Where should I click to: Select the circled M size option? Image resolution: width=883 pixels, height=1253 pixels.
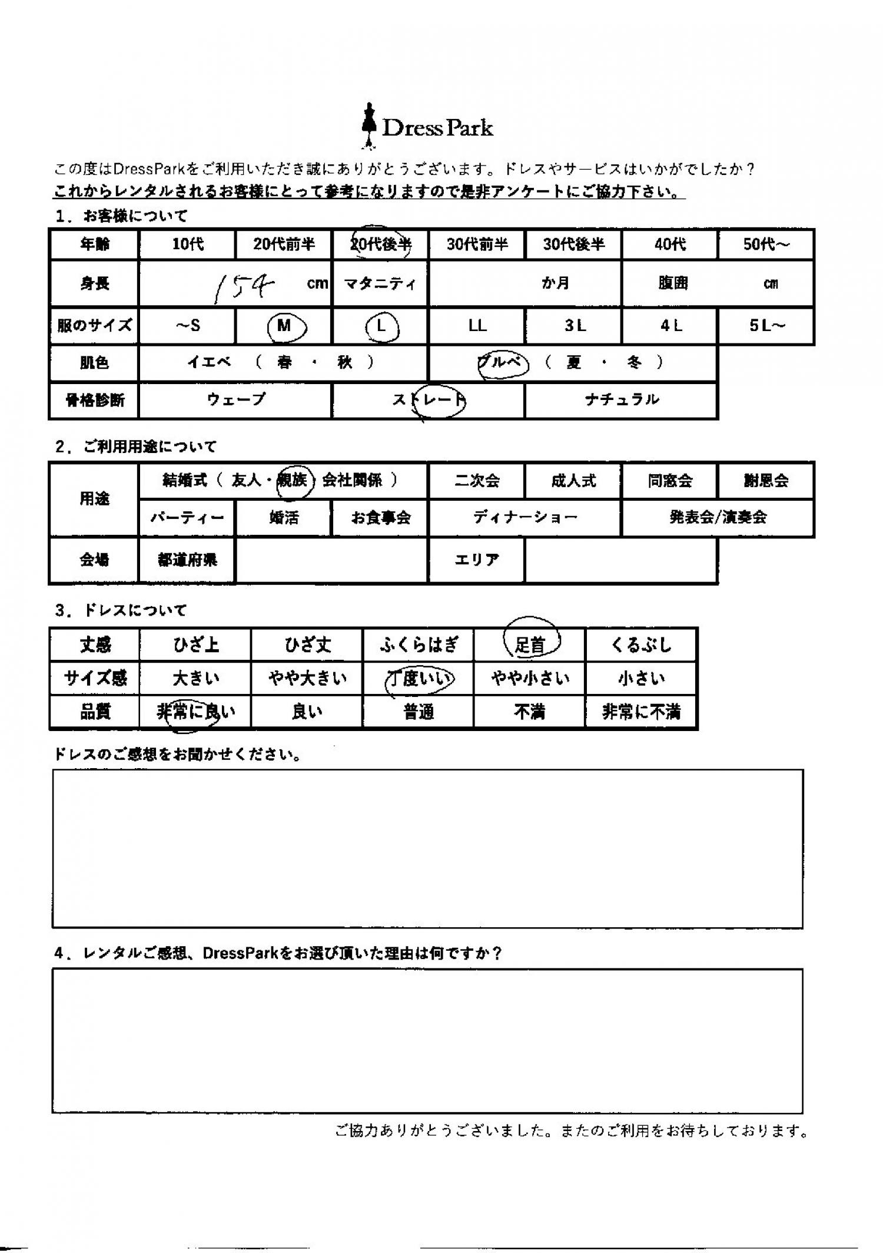coord(286,326)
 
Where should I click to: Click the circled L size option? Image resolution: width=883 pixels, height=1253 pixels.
coord(381,326)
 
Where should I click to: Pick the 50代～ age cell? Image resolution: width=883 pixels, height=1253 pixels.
coord(766,244)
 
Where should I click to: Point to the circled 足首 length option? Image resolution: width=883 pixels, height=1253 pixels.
coord(530,644)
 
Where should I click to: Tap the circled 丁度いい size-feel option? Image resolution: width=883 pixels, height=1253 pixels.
coord(419,679)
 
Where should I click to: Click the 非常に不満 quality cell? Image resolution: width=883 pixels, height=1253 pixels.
coord(641,712)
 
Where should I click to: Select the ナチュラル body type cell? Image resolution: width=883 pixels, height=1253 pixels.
coord(621,400)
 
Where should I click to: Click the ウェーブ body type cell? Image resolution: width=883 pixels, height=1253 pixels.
coord(236,400)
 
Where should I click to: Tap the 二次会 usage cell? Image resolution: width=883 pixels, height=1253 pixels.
coord(476,481)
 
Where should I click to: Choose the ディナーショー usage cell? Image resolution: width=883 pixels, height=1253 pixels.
coord(525,518)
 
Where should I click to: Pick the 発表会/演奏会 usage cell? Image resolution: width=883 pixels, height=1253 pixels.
coord(718,518)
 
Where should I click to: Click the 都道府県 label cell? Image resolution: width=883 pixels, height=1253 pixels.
coord(187,560)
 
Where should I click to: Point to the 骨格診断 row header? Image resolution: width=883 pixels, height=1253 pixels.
coord(94,401)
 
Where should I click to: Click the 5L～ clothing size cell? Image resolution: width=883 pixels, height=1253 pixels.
coord(766,326)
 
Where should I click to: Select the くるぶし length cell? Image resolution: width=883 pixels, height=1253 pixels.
coord(641,645)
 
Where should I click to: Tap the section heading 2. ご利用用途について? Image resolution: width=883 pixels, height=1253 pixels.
coord(136,447)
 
